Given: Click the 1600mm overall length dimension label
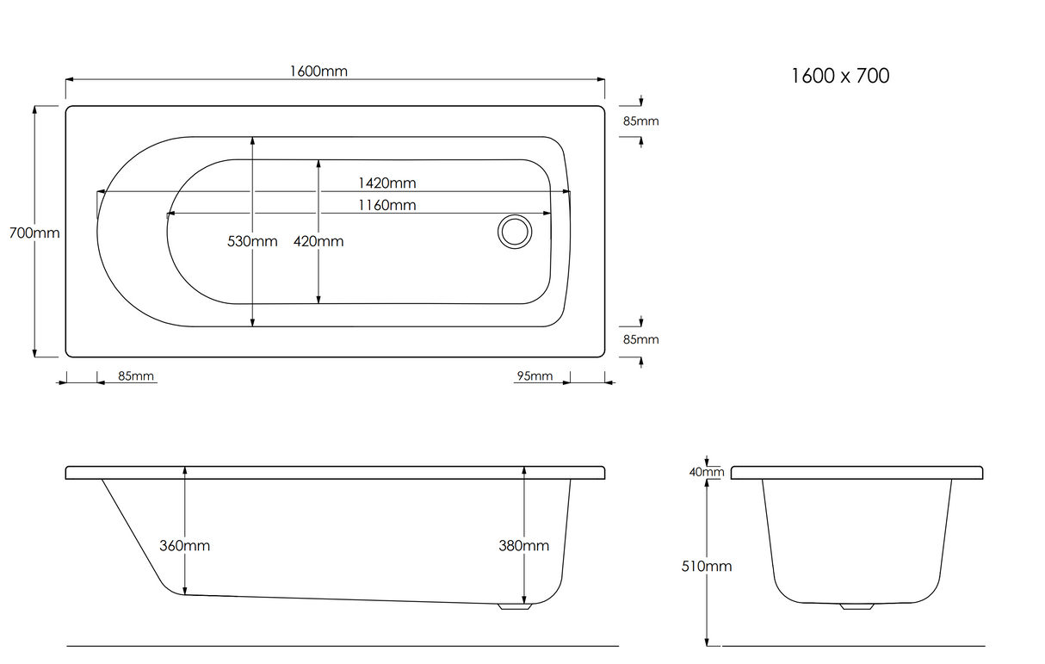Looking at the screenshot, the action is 318,71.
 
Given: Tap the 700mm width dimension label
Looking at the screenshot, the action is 34,233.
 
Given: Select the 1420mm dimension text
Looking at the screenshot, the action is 386,183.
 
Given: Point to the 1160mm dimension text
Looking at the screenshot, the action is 386,205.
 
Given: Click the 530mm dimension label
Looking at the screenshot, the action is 252,241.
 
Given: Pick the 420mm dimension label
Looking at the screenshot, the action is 318,241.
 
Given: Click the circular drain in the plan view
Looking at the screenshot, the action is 515,232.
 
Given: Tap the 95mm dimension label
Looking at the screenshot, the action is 535,375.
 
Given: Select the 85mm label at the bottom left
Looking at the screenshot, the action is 136,375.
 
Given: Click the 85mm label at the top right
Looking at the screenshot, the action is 641,121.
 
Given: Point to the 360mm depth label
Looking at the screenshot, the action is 185,545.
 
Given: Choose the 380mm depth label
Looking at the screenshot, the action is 524,545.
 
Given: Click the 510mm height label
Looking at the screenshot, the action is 707,566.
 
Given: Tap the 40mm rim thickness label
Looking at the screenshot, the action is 707,472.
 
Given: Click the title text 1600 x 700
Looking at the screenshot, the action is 841,76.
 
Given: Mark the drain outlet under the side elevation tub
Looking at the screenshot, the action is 515,606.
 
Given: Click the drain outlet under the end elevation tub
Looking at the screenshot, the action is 857,606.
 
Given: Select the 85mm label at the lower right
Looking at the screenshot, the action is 641,339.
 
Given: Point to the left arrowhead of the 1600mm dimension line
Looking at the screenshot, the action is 69,80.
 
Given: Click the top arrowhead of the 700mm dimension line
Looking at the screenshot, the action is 34,109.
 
